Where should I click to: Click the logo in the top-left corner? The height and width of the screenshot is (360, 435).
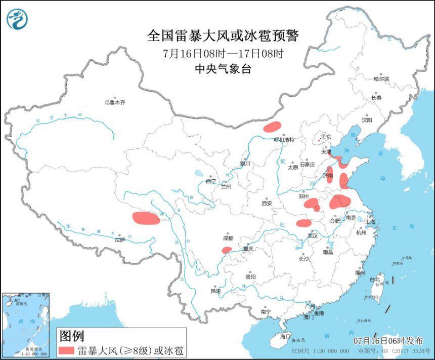tap(17, 19)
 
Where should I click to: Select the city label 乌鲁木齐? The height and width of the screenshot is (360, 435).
tap(115, 102)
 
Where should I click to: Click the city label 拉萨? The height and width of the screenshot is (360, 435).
tap(119, 240)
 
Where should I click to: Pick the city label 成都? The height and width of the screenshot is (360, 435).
tap(228, 238)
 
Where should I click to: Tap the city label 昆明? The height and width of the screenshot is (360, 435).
tap(215, 291)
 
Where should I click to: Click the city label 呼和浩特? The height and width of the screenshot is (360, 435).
tap(284, 140)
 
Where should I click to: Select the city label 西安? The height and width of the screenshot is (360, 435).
tap(267, 203)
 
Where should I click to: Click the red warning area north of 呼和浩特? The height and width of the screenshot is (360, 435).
tap(273, 126)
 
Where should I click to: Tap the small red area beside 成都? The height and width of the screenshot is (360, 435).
tap(227, 250)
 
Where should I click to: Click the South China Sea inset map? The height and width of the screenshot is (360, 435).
tap(26, 325)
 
